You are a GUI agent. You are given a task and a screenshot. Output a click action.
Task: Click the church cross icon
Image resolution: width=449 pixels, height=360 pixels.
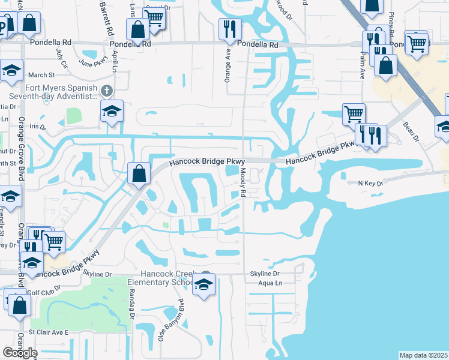click(x=106, y=91)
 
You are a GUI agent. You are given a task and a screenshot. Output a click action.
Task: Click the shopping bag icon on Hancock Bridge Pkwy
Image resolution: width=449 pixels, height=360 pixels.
click(x=139, y=174)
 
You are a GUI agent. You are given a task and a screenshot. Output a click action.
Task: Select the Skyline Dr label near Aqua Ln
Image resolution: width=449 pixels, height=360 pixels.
click(x=265, y=274)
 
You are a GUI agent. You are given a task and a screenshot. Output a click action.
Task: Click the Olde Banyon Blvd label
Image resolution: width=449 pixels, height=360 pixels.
click(x=170, y=320)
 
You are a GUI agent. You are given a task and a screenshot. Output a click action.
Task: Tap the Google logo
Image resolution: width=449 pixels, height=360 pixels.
click(x=20, y=353)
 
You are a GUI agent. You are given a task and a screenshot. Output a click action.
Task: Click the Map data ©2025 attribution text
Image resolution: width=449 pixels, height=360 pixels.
click(x=424, y=355)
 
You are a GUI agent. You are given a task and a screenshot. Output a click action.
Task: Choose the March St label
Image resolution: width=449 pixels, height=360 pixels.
click(x=41, y=75)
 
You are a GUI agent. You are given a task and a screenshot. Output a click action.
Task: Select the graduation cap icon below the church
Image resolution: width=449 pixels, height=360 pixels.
click(x=112, y=112)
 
